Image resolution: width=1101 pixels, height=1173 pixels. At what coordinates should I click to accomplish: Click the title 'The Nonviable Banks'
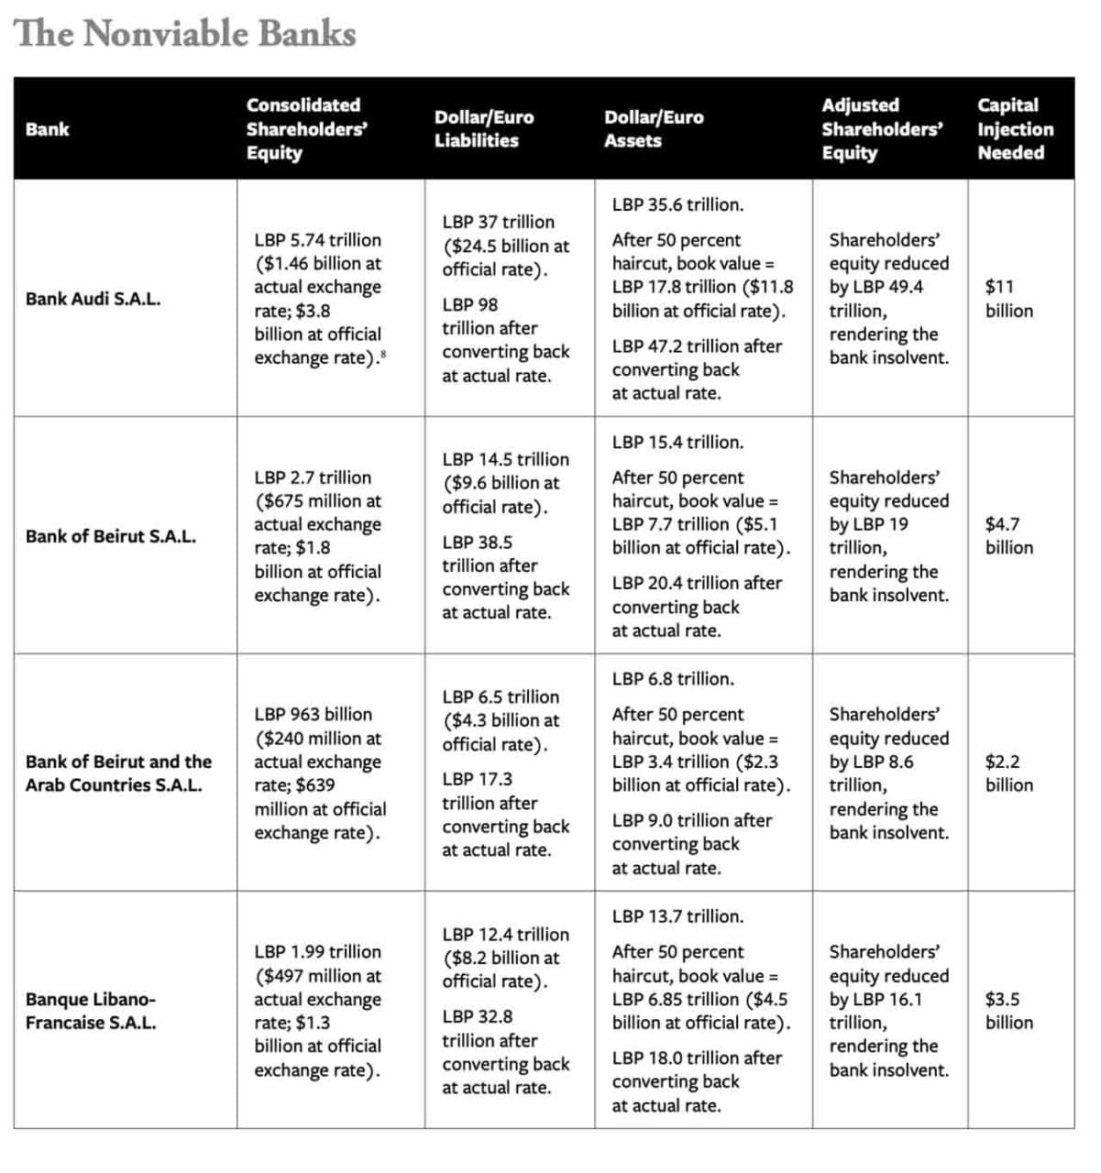pos(185,34)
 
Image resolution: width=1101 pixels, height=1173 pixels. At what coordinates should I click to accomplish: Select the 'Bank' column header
pos(47,129)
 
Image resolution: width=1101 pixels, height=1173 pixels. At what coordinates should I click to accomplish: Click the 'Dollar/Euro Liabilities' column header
pos(483,129)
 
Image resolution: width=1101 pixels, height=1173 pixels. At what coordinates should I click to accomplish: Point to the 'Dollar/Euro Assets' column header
pos(653,129)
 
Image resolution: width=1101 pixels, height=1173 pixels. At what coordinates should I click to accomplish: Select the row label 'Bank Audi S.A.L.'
pos(93,299)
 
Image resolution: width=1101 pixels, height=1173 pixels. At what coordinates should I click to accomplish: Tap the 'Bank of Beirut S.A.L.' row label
pos(110,536)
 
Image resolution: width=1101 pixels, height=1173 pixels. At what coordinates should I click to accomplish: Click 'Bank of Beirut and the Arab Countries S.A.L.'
pos(117,773)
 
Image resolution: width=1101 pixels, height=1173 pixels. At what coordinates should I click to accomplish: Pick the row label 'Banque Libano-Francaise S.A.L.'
pos(91,1011)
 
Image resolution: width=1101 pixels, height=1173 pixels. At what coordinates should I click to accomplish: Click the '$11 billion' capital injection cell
pos(1008,299)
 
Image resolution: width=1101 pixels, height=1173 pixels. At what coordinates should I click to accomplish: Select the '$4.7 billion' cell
pos(1008,536)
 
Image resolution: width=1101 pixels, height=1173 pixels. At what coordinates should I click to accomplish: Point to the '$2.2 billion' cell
pos(1008,773)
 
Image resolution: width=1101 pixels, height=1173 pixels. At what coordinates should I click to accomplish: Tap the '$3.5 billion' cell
pos(1008,1011)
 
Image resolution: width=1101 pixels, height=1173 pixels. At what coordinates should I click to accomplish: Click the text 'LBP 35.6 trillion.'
pos(677,205)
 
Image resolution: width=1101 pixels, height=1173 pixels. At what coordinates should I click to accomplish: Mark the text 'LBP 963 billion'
pos(313,715)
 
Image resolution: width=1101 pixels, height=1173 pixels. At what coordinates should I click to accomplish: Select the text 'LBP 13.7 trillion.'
pos(677,916)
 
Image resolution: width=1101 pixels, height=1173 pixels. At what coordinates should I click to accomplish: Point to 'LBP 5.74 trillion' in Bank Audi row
pos(317,240)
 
